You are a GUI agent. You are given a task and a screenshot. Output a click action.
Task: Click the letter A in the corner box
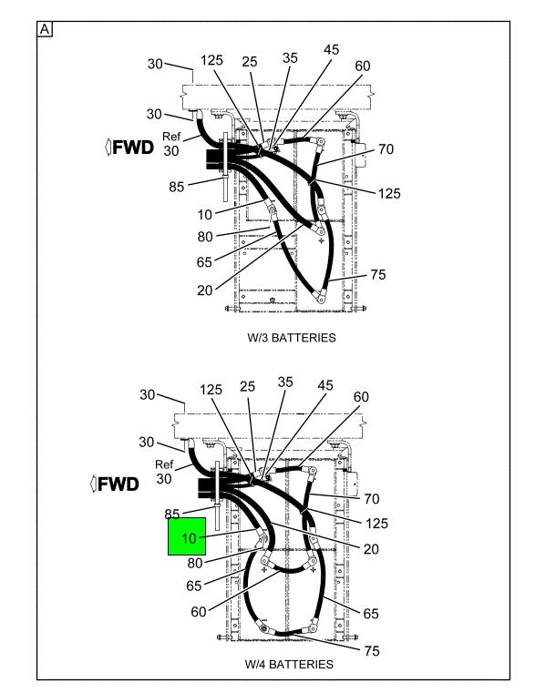click(45, 30)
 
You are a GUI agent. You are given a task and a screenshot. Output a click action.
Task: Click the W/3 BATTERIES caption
click(292, 338)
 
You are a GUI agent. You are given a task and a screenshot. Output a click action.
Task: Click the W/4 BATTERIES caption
click(289, 664)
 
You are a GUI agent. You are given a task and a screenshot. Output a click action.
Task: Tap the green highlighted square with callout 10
click(187, 536)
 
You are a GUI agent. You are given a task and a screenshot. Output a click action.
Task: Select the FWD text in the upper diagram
click(133, 148)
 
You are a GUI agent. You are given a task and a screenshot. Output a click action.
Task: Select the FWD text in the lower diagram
click(118, 484)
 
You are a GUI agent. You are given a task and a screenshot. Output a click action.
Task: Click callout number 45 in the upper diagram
click(331, 49)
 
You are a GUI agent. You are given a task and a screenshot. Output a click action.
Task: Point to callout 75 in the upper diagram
click(378, 275)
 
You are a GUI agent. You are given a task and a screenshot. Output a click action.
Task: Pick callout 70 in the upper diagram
click(386, 149)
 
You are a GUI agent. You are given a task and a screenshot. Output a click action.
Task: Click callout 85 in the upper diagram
click(177, 187)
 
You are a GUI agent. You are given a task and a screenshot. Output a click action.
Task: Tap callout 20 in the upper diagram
click(205, 290)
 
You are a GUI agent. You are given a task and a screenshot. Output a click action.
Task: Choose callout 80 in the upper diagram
click(205, 237)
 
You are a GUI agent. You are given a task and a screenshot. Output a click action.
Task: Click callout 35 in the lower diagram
click(285, 382)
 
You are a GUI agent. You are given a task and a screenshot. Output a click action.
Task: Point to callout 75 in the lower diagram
click(372, 651)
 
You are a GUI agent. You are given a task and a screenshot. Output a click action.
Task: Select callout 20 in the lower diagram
click(371, 549)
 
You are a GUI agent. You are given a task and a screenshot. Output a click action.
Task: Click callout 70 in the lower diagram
click(372, 499)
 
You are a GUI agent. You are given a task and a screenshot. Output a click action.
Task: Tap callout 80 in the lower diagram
click(195, 564)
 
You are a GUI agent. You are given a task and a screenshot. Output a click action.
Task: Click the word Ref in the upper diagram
click(171, 137)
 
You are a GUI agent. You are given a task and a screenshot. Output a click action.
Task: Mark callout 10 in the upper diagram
click(205, 215)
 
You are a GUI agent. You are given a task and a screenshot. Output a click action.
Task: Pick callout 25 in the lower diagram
click(247, 387)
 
